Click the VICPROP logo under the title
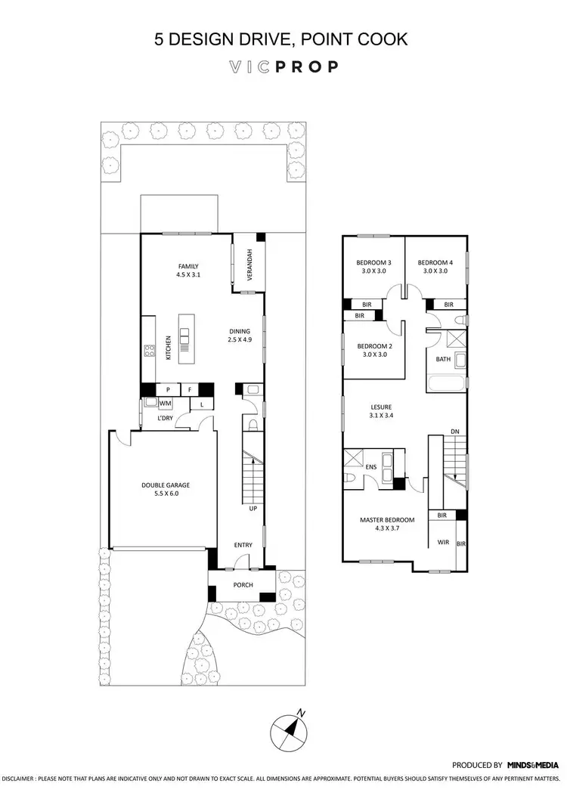(283, 67)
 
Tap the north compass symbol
(287, 729)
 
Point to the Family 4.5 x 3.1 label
(188, 271)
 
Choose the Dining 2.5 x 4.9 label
(242, 336)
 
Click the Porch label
(242, 585)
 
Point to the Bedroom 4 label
(435, 267)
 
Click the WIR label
(444, 542)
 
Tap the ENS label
(371, 468)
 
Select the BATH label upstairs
(443, 360)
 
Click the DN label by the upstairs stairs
(454, 432)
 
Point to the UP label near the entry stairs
(253, 508)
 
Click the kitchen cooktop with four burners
(150, 351)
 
